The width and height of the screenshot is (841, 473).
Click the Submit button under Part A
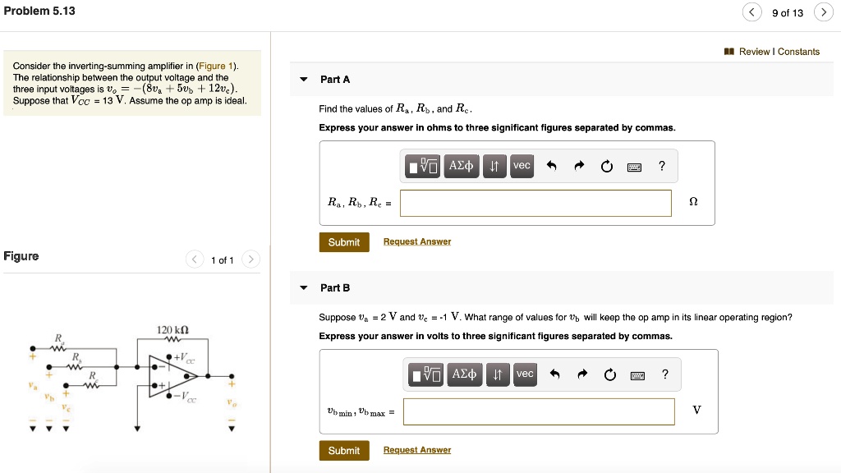click(x=344, y=242)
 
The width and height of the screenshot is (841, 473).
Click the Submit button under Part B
click(x=344, y=451)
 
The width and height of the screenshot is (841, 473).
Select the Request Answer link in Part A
click(x=417, y=242)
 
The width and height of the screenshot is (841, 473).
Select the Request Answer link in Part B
click(x=417, y=450)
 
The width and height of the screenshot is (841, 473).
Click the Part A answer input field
click(x=535, y=204)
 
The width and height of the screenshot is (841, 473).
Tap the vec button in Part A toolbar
click(x=522, y=166)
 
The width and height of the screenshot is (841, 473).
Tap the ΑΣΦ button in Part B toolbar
click(x=465, y=374)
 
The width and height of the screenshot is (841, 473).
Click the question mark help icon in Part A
click(x=662, y=166)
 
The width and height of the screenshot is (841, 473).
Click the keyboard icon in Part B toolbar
click(x=638, y=375)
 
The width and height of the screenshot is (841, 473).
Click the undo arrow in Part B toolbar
click(x=554, y=375)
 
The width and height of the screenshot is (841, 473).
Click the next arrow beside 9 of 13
click(x=822, y=12)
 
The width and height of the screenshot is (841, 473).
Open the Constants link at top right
click(x=798, y=52)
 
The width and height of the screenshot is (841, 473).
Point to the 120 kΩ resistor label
click(x=173, y=331)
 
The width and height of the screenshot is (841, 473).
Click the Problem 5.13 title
click(x=39, y=11)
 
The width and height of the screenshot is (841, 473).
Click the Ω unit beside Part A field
click(x=693, y=202)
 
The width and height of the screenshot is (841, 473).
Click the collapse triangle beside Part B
click(x=304, y=288)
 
